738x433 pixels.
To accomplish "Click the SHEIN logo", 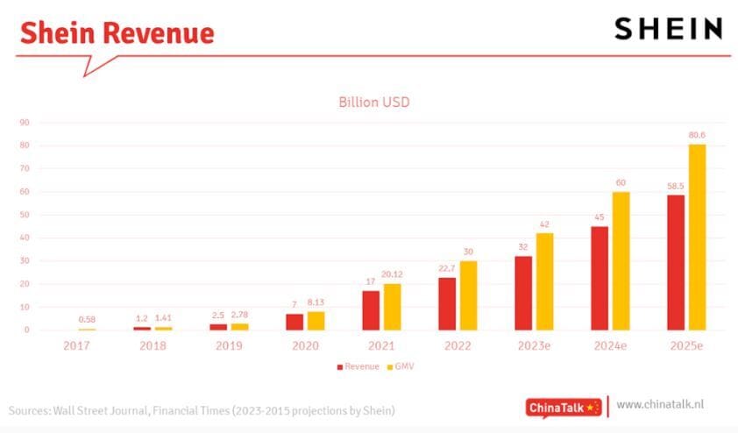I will (x=668, y=29).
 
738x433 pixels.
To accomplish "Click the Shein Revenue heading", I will (x=117, y=33).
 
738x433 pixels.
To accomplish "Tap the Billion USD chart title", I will (x=373, y=102).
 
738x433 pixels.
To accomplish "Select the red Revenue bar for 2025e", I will (x=675, y=262).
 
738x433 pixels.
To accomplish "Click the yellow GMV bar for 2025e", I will (x=697, y=237).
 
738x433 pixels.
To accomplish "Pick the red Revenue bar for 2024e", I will (x=600, y=278).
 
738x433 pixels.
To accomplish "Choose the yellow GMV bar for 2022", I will (x=467, y=295).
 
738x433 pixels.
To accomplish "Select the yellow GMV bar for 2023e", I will (x=543, y=281).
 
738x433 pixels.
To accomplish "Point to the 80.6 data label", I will (x=697, y=135).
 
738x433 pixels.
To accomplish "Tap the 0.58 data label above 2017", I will (x=86, y=319).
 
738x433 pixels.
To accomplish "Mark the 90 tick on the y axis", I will (x=25, y=123).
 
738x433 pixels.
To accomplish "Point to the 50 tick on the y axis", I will (x=25, y=215).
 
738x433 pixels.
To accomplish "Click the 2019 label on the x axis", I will (x=229, y=345).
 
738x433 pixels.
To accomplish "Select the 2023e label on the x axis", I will (x=533, y=345).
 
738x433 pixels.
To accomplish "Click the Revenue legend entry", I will (x=357, y=366).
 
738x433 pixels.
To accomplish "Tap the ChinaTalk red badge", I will (x=564, y=407).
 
